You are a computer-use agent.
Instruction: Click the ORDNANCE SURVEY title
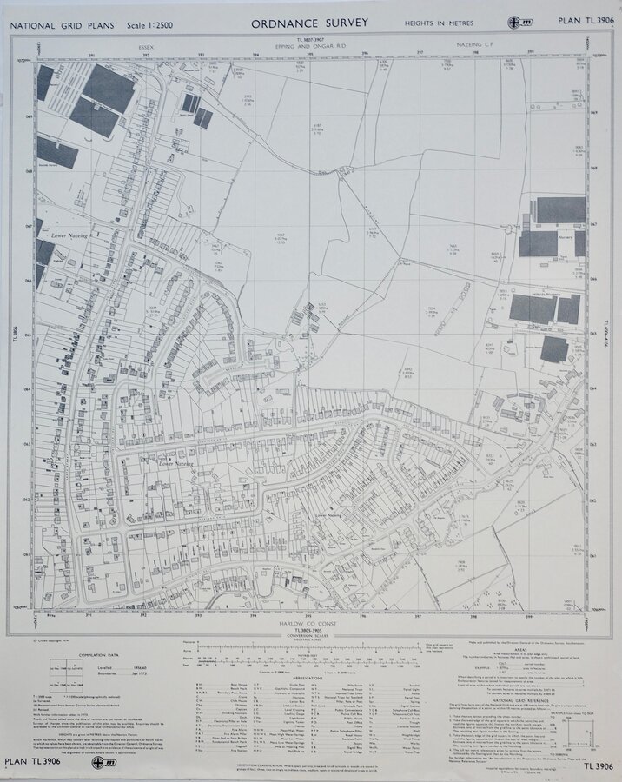click(309, 23)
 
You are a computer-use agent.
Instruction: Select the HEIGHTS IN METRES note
click(434, 23)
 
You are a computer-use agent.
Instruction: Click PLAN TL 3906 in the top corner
click(584, 20)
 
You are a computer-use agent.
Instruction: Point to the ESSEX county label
click(144, 41)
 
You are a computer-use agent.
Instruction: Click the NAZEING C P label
click(479, 41)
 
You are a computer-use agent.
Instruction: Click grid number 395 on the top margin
click(310, 55)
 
